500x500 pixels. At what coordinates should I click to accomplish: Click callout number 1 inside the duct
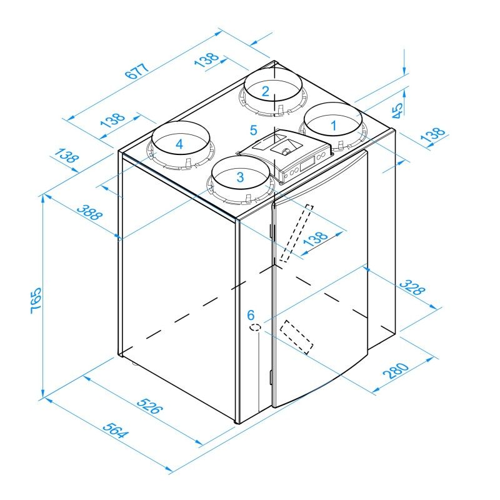(x=333, y=125)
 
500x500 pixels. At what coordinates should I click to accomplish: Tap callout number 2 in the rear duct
(x=266, y=91)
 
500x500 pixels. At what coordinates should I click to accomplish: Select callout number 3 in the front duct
(x=240, y=177)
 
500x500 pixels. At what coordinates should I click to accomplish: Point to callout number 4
(x=179, y=144)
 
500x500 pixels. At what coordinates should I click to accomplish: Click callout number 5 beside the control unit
(x=253, y=130)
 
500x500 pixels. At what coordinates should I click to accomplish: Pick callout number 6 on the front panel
(x=251, y=314)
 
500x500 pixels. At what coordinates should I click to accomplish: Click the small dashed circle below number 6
(x=255, y=327)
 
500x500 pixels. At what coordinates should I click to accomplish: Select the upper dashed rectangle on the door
(x=296, y=232)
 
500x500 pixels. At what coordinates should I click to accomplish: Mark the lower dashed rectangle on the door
(x=296, y=337)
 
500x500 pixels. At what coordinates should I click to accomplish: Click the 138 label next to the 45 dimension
(x=436, y=137)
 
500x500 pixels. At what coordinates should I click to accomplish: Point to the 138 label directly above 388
(x=67, y=156)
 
